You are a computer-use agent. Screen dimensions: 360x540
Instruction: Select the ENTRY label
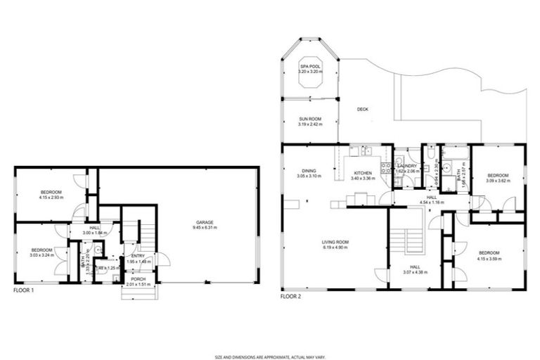click(138, 256)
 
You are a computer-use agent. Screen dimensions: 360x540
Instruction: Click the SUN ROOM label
click(309, 120)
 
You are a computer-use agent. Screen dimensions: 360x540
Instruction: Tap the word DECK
click(362, 109)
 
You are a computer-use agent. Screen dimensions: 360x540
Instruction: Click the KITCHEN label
click(363, 173)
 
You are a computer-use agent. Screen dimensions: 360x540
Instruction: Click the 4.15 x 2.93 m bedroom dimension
click(51, 197)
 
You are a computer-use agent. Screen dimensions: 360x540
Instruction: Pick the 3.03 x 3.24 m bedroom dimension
click(41, 255)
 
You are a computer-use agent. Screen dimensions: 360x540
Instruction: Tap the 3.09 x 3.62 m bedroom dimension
click(498, 181)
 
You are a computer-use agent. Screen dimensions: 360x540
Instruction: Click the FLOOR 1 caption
click(23, 290)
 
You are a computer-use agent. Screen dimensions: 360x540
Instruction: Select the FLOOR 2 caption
click(291, 297)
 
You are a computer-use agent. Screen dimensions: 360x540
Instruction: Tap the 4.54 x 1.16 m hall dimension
click(431, 202)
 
